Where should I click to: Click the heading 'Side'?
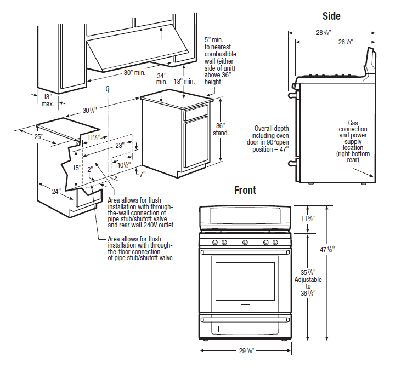[x=331, y=16]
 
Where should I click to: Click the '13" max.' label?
[x=48, y=100]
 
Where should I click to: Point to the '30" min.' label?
[x=134, y=73]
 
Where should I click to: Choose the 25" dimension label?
[x=38, y=137]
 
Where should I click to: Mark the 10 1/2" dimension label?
[x=123, y=165]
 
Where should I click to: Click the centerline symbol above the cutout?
[x=109, y=89]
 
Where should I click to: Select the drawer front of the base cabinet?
[x=196, y=113]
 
